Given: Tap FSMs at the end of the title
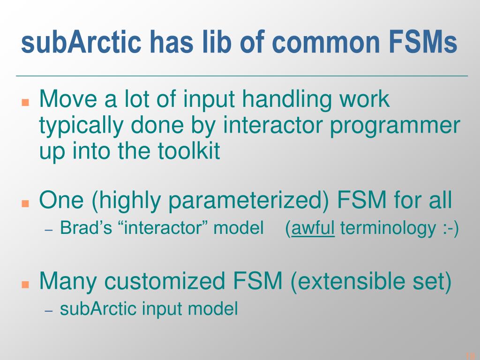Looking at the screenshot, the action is point(424,42).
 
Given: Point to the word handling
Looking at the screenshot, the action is point(287,99).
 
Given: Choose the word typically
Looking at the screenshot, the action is point(81,126).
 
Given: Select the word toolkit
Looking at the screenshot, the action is point(189,150).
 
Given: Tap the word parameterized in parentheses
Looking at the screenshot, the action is point(248,201).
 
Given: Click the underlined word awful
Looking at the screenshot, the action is point(313,228).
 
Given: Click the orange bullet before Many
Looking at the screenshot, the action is point(25,285).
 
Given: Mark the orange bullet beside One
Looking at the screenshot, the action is point(25,203).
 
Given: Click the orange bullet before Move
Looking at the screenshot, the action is point(25,102).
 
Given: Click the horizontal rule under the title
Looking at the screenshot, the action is point(242,75).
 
